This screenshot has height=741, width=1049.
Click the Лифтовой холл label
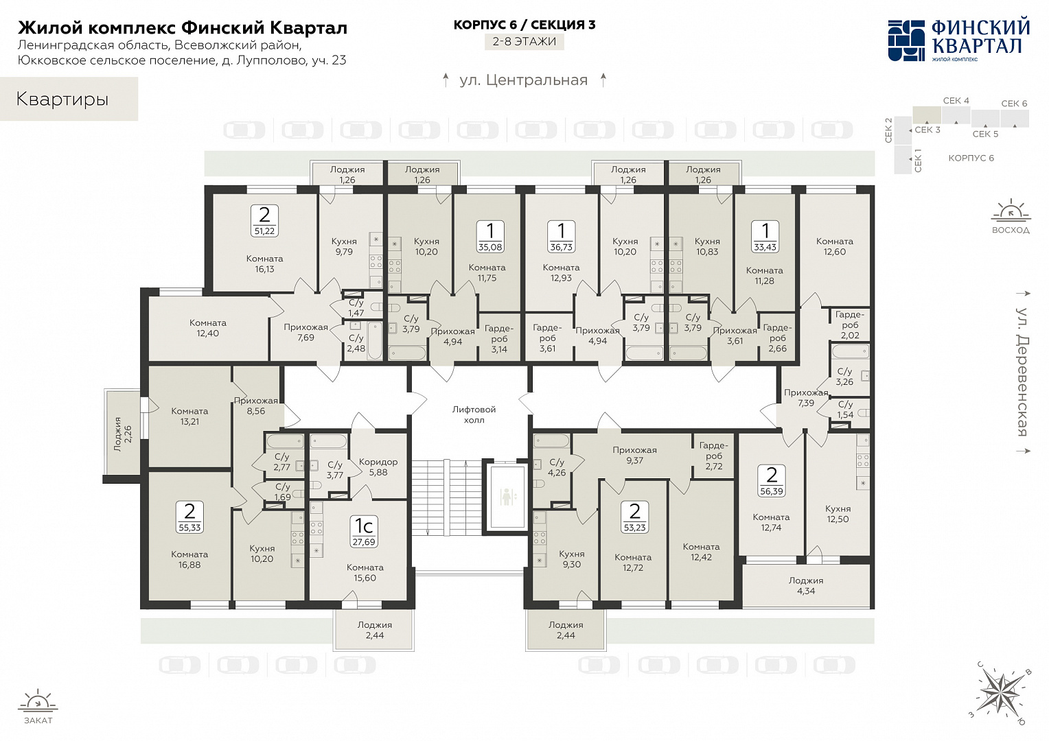pyautogui.click(x=474, y=414)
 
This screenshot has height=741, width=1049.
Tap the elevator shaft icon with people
pyautogui.click(x=507, y=497)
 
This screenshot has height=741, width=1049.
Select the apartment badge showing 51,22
pyautogui.click(x=264, y=220)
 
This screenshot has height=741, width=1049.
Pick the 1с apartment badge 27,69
pyautogui.click(x=364, y=532)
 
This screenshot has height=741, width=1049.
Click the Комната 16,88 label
pyautogui.click(x=189, y=559)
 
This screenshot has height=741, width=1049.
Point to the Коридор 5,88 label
pyautogui.click(x=378, y=467)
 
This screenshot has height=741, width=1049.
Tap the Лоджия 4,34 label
pyautogui.click(x=806, y=585)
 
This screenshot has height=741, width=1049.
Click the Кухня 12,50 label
pyautogui.click(x=838, y=513)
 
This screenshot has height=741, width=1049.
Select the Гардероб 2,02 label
pyautogui.click(x=850, y=325)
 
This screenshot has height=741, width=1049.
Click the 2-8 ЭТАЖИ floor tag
pyautogui.click(x=524, y=42)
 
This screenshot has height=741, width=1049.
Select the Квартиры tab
pyautogui.click(x=69, y=99)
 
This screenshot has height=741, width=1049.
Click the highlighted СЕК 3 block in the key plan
pyautogui.click(x=927, y=115)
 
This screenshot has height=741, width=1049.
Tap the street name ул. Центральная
pyautogui.click(x=524, y=80)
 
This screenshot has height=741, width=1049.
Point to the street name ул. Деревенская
pyautogui.click(x=1022, y=372)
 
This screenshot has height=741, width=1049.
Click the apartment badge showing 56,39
pyautogui.click(x=772, y=481)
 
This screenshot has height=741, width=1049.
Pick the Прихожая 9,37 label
pyautogui.click(x=634, y=455)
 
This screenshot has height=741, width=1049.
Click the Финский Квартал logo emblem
pyautogui.click(x=906, y=40)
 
